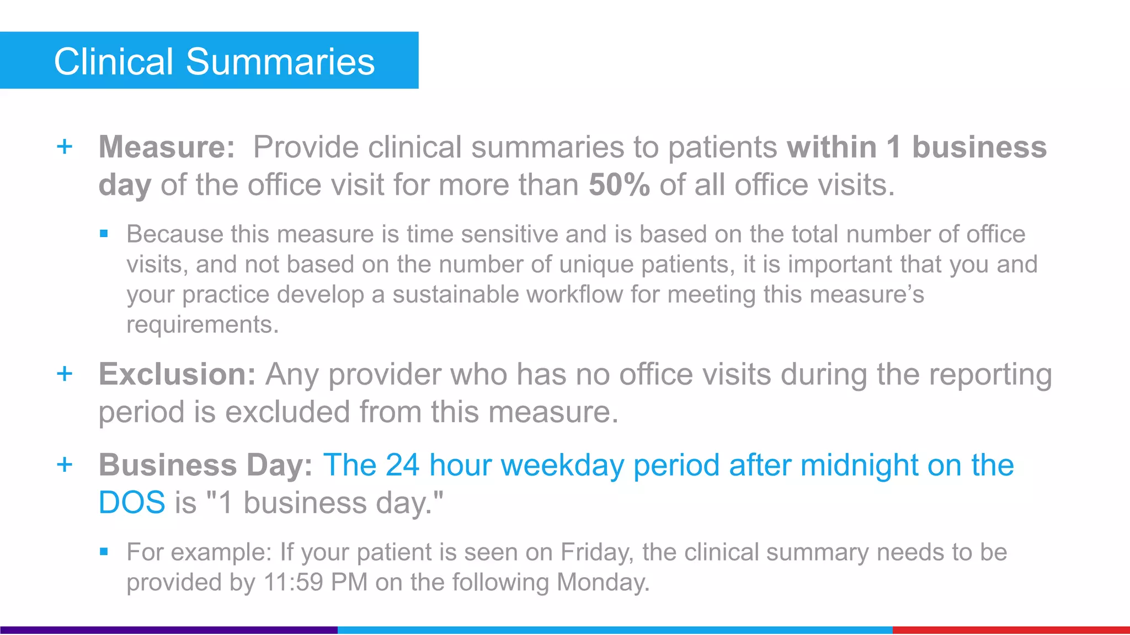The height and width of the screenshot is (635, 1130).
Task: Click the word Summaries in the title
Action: click(x=280, y=61)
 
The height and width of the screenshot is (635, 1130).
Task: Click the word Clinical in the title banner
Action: click(x=114, y=61)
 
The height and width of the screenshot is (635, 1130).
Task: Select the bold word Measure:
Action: click(x=167, y=147)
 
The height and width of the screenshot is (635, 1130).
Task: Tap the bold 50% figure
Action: click(x=619, y=185)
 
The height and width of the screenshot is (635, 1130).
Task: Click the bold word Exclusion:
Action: click(x=177, y=374)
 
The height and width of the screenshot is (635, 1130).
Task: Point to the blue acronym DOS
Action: click(x=131, y=503)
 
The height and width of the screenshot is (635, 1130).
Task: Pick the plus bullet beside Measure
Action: click(x=65, y=147)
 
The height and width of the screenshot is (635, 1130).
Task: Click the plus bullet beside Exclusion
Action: click(x=65, y=374)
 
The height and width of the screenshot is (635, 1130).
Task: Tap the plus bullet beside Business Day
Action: click(x=65, y=464)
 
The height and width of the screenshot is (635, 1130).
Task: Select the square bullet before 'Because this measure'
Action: click(x=104, y=234)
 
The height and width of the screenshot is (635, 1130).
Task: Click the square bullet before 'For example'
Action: click(x=104, y=551)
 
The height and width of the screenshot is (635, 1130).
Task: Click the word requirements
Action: click(x=202, y=325)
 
